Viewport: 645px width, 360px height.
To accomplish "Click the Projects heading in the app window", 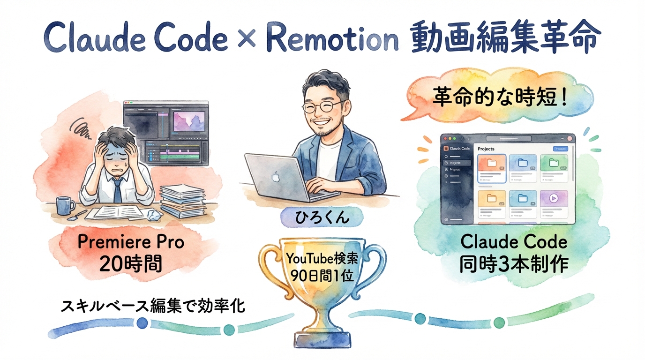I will point(486,149).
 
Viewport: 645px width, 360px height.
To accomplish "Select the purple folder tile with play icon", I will point(553,198).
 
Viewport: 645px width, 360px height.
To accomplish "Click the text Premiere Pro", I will point(131,242).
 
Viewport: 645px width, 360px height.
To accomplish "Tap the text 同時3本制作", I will point(514,264).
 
